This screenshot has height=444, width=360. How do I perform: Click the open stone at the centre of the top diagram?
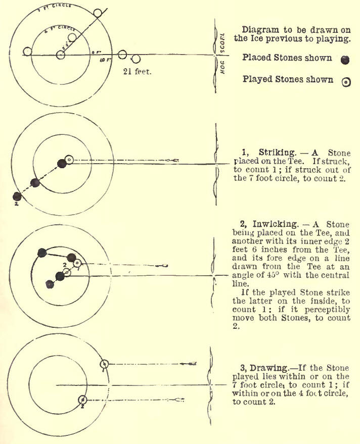(x=61, y=55)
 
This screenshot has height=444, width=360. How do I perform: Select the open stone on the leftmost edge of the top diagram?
(x=28, y=51)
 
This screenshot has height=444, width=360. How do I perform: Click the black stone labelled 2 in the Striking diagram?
(x=17, y=196)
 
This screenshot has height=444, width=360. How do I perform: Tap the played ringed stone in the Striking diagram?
(x=69, y=160)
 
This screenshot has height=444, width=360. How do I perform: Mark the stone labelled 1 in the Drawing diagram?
(x=104, y=363)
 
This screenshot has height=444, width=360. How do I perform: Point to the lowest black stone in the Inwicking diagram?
(x=50, y=284)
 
